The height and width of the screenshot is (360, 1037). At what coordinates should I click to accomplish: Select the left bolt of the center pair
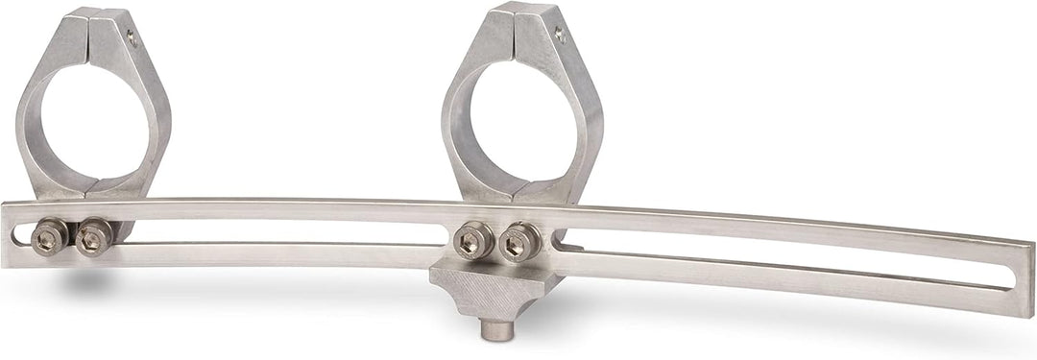coord(472,239)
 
